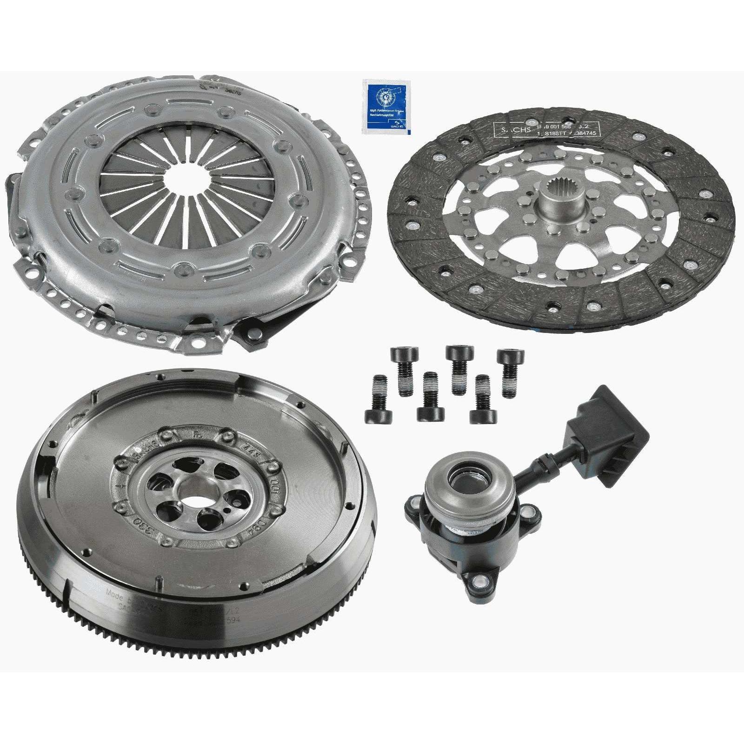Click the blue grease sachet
coord(387,107)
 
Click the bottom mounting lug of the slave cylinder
coord(480,580)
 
